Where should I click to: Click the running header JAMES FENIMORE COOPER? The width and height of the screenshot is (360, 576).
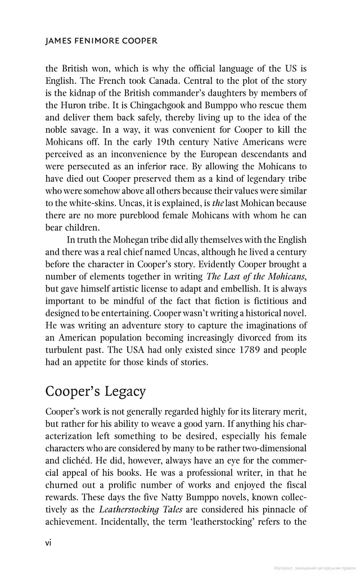click(x=101, y=41)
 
